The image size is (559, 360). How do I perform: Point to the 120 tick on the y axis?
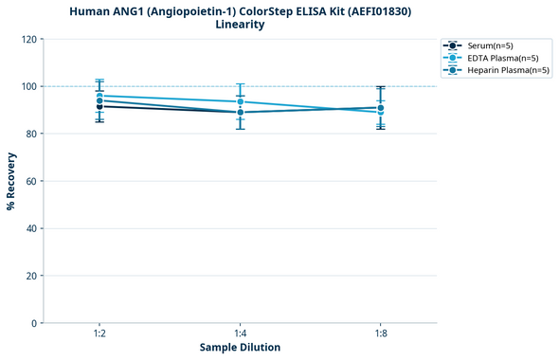[30, 39]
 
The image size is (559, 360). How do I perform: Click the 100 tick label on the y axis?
[30, 86]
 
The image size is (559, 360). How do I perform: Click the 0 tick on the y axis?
[36, 323]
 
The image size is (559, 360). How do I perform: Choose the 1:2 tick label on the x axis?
[99, 333]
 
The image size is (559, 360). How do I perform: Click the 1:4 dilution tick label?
[240, 333]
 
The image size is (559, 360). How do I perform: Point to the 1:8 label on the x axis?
[380, 333]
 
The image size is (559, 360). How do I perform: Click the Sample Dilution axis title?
[240, 348]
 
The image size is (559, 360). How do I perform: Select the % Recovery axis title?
[11, 181]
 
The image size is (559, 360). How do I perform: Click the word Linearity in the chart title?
[240, 25]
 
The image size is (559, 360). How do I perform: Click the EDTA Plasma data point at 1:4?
[240, 101]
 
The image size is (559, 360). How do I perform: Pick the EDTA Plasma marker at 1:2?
[99, 96]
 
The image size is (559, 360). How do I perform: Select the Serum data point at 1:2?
[99, 106]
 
